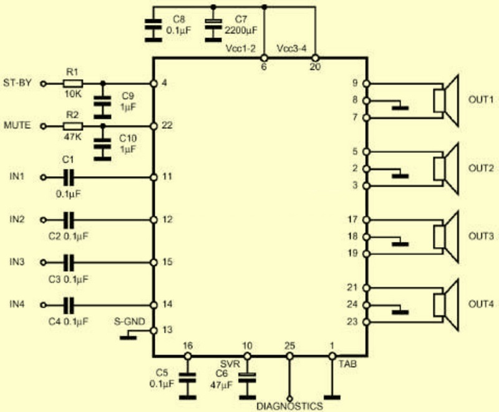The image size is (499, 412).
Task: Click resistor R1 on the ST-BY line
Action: coord(73,84)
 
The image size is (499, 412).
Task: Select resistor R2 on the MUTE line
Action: coord(73,126)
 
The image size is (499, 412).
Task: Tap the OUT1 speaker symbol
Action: coord(446,101)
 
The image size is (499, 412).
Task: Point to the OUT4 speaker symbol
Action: coord(446,305)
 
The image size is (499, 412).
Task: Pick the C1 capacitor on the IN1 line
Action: coord(69,177)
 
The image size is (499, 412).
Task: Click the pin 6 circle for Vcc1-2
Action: coord(264,58)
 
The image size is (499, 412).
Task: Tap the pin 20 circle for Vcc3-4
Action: coord(315,58)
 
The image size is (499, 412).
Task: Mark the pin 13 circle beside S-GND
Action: coord(153,330)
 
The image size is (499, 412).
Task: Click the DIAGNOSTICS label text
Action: coord(289,406)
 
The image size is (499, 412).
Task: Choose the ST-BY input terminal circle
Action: coord(44,84)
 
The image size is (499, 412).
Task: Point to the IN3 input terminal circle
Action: coord(44,262)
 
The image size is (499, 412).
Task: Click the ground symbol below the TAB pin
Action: coord(332,398)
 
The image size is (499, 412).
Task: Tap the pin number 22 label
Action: coord(167,125)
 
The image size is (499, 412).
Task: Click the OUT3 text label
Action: coord(481,236)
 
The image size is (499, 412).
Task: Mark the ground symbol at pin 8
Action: coord(400,107)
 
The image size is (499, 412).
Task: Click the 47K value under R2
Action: coord(72,137)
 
